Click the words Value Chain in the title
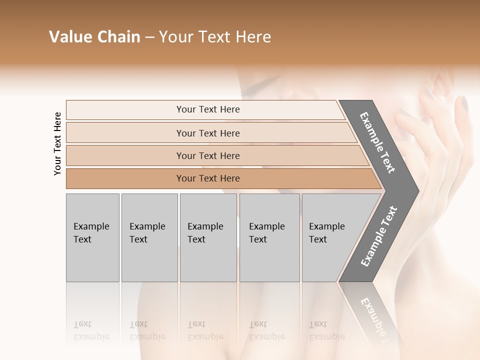(94, 37)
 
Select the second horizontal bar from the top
(208, 133)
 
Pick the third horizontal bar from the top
(208, 155)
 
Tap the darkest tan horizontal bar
(208, 178)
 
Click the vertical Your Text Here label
(57, 143)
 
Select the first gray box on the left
(92, 237)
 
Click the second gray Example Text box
(149, 237)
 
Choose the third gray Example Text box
(208, 237)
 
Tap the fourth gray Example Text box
(269, 237)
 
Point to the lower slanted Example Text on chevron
(378, 236)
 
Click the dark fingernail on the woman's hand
(463, 104)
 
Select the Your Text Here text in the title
(215, 37)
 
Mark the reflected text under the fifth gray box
(326, 330)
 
